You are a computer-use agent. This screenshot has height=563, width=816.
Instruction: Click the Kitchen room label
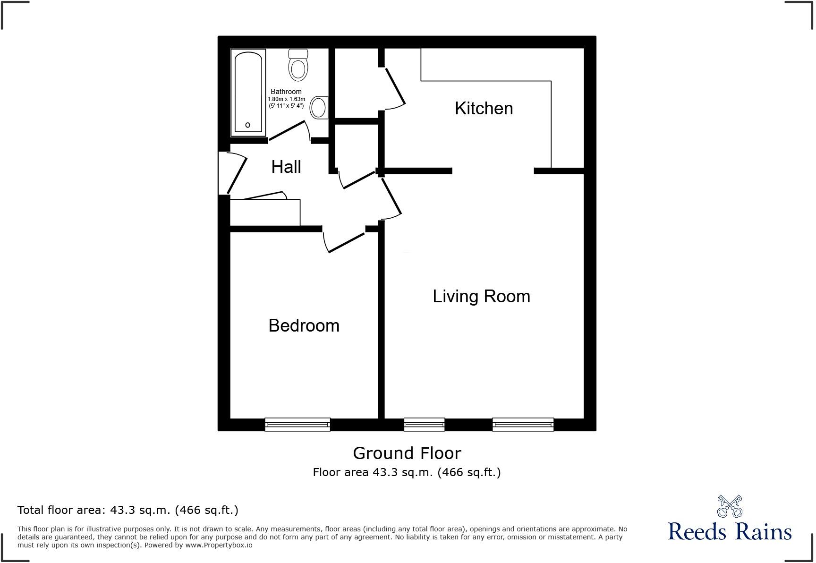484,108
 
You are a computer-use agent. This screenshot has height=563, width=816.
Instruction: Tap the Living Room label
481,296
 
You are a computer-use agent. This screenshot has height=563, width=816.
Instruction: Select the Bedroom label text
304,325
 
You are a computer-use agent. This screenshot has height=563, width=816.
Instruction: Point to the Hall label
286,167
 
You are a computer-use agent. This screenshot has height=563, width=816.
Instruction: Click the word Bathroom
286,92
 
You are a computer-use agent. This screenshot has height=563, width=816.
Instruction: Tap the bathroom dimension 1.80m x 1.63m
286,99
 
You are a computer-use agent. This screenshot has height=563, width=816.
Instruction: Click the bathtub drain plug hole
247,125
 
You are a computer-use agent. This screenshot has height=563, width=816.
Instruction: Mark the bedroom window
297,425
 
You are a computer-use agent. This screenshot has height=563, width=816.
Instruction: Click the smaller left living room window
424,425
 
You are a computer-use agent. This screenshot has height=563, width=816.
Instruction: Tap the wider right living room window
523,425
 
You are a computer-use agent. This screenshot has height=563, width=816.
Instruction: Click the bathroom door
288,131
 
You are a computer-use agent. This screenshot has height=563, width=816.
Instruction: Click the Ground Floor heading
407,453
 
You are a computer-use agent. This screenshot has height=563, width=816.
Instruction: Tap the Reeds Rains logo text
730,531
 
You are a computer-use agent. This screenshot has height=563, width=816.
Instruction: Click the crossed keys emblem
730,506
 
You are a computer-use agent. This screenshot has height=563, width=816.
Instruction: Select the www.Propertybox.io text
219,545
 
